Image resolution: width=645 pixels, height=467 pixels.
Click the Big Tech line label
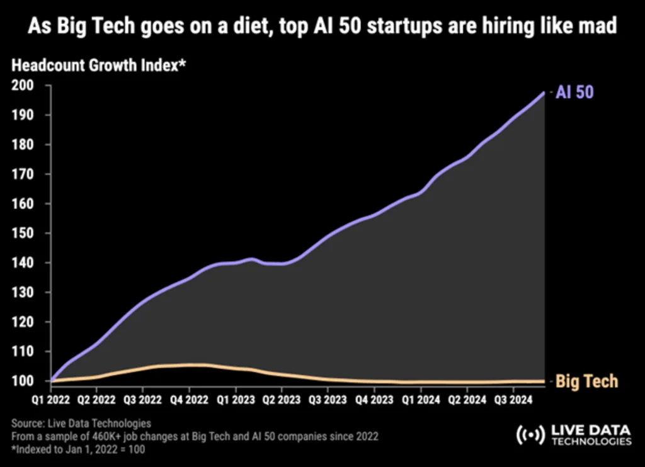tap(586, 381)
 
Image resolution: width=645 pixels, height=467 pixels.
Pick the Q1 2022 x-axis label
tap(50, 399)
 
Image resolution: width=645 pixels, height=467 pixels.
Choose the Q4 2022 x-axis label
tap(188, 399)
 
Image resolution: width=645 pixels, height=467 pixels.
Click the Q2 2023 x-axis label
tap(281, 399)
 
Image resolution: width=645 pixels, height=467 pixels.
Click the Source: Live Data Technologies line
tap(81, 423)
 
